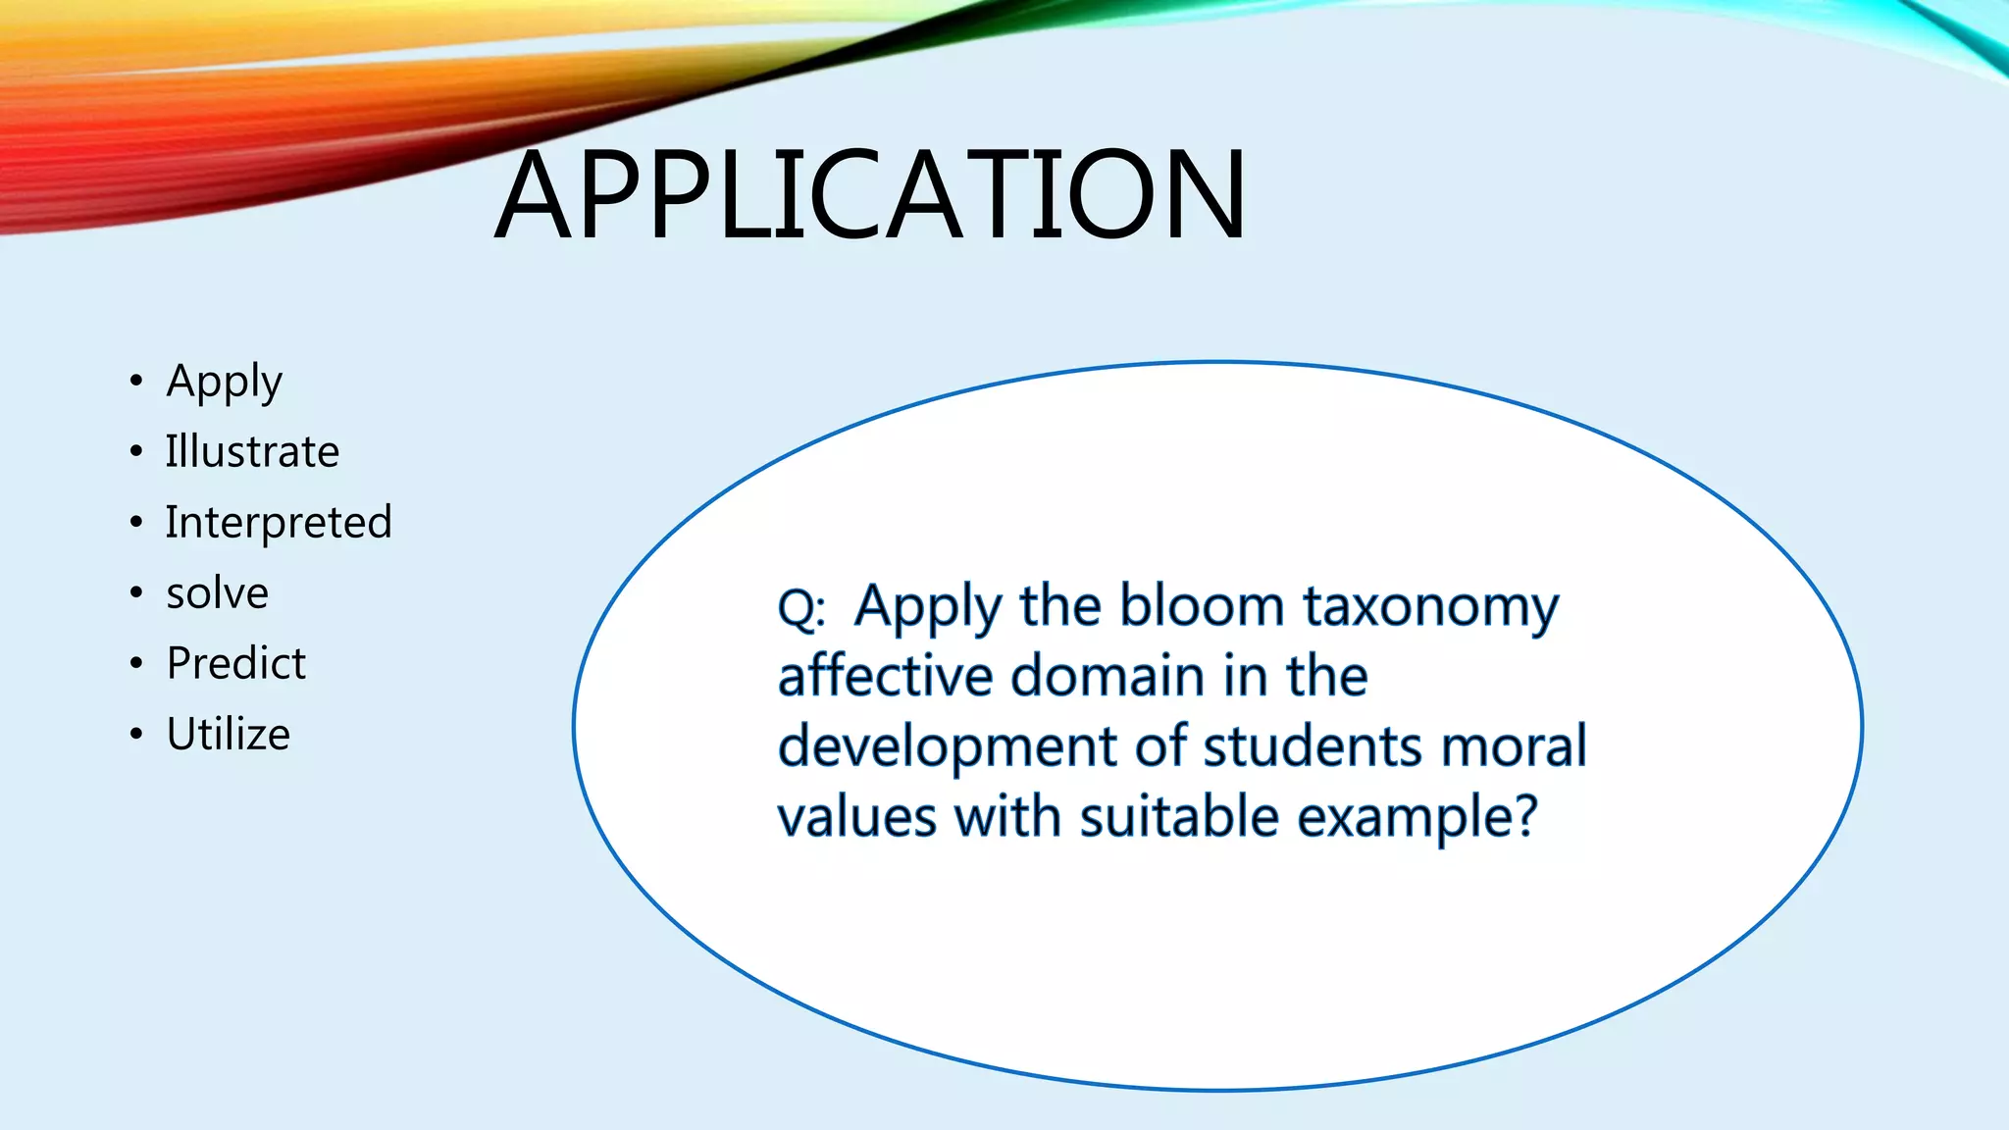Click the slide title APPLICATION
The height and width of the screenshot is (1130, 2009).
tap(870, 194)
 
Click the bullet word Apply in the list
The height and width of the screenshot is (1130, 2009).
tap(225, 382)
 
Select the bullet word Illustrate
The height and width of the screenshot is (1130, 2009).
tap(252, 452)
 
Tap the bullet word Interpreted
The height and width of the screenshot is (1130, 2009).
tap(279, 523)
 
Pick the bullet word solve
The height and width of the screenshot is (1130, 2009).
tap(217, 593)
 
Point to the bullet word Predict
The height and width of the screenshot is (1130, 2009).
tap(236, 664)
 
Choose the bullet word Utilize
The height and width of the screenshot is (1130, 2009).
tap(229, 735)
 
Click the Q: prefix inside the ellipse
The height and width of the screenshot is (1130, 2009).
tap(801, 609)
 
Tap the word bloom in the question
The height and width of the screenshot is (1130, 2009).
tap(1202, 605)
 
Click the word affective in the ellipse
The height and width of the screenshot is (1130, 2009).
tap(886, 676)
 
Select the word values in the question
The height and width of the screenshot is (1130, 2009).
tap(857, 817)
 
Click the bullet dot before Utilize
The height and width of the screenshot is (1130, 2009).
tap(136, 734)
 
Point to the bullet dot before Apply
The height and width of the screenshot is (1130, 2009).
tap(136, 381)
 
